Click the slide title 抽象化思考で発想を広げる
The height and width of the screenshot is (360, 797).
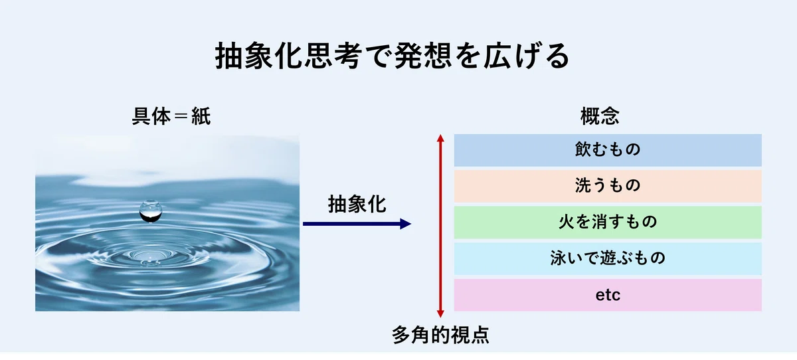(x=393, y=56)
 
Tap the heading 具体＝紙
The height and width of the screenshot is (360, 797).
(x=171, y=116)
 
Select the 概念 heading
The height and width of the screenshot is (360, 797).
(x=600, y=116)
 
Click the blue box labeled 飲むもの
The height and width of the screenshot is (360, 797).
(x=608, y=150)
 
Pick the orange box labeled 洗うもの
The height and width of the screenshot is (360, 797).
(x=608, y=186)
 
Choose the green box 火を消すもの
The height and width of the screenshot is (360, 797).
(x=608, y=223)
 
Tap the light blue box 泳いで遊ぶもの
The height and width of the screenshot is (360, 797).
(x=608, y=258)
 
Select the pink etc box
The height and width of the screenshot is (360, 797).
(x=608, y=295)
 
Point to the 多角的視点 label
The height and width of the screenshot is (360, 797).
(x=440, y=335)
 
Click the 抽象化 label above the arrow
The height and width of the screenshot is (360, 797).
(x=357, y=204)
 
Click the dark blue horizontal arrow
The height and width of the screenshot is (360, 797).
(x=357, y=224)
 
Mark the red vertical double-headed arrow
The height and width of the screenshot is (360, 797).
(x=440, y=226)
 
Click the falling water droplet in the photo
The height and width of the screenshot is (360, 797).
(x=151, y=211)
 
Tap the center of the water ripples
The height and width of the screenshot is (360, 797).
(x=147, y=256)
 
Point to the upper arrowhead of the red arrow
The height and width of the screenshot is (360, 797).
(x=440, y=138)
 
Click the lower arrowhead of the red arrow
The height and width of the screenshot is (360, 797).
(x=440, y=314)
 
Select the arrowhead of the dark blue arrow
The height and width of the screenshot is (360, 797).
(x=406, y=224)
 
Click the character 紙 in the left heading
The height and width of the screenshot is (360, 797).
(x=201, y=116)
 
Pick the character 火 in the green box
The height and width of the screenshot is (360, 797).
(x=567, y=222)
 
